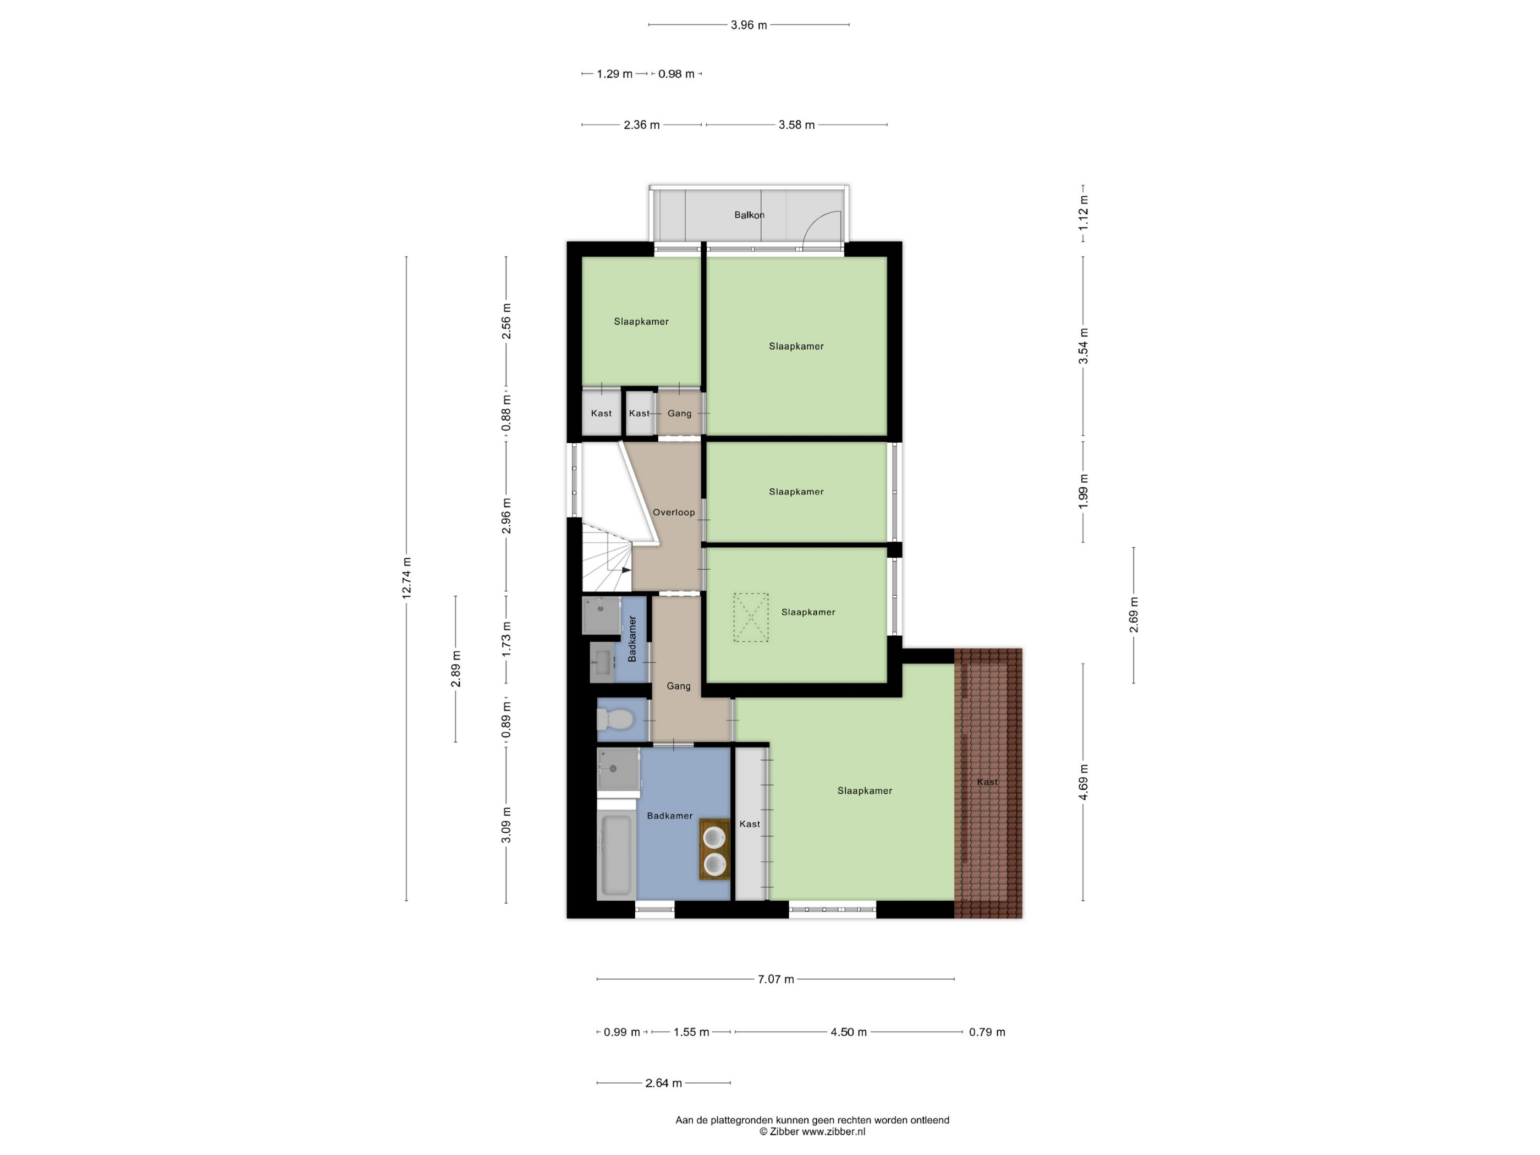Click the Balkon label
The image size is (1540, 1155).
749,215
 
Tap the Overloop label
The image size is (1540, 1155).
673,513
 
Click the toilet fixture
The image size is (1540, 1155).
615,718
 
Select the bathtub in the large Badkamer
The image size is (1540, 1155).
616,856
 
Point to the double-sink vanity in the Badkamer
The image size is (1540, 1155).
715,849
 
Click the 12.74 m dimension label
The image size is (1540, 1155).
406,578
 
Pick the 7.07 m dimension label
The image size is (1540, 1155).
776,980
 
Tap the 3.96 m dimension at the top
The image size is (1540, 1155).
749,25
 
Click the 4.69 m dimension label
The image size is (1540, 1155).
1083,782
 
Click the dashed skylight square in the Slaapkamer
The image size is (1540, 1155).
751,618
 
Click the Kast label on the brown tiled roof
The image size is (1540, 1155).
987,782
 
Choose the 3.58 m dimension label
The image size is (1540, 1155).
796,125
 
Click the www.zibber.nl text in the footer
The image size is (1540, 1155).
833,1132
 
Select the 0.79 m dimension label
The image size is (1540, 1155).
987,1032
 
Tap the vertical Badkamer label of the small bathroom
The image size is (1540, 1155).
632,639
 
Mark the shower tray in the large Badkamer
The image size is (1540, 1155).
618,768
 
